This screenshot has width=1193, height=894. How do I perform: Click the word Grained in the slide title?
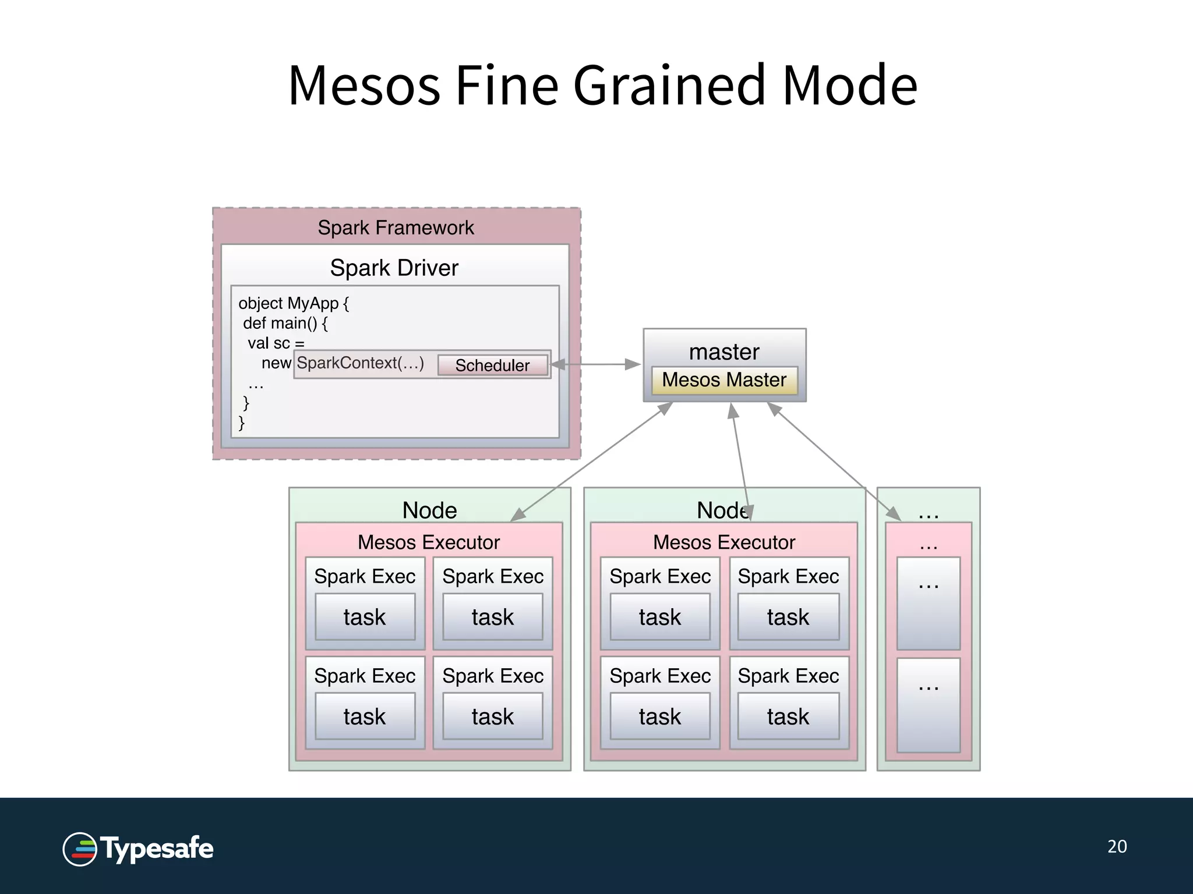pyautogui.click(x=669, y=86)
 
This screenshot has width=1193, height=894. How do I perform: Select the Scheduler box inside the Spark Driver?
pyautogui.click(x=492, y=366)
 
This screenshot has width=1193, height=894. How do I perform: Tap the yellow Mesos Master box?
pyautogui.click(x=724, y=380)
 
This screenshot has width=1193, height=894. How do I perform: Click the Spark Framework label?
pyautogui.click(x=396, y=228)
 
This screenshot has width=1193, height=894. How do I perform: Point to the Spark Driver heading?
pyautogui.click(x=394, y=268)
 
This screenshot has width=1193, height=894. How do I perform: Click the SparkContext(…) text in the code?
pyautogui.click(x=360, y=363)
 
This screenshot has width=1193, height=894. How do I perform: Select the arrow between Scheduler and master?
pyautogui.click(x=595, y=364)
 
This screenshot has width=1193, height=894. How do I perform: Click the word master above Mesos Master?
pyautogui.click(x=724, y=352)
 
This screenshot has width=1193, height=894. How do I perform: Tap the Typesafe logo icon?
pyautogui.click(x=80, y=849)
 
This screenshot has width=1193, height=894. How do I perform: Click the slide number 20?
pyautogui.click(x=1117, y=846)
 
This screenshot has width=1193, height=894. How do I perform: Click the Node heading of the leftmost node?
pyautogui.click(x=429, y=510)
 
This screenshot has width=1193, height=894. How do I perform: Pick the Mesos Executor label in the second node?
pyautogui.click(x=723, y=542)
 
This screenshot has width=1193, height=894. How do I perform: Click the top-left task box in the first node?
pyautogui.click(x=365, y=617)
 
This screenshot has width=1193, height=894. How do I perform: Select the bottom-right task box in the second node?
pyautogui.click(x=788, y=716)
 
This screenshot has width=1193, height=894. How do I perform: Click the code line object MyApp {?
pyautogui.click(x=293, y=303)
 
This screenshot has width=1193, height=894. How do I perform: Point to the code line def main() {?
pyautogui.click(x=285, y=323)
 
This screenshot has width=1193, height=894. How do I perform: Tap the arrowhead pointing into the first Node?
pyautogui.click(x=517, y=515)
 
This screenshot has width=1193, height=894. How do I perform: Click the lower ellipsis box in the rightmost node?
pyautogui.click(x=928, y=705)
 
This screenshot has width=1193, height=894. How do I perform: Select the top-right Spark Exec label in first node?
pyautogui.click(x=493, y=576)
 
